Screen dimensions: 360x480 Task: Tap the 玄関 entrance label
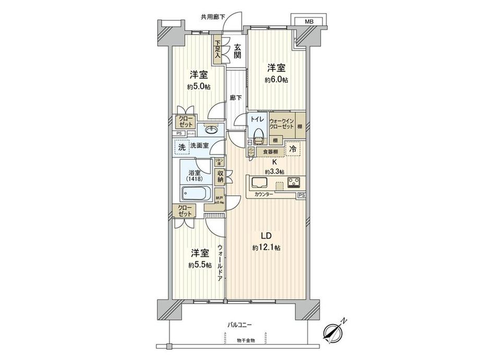[x=237, y=51]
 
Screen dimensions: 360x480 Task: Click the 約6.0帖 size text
[x=276, y=80]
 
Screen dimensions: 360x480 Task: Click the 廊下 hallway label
[x=236, y=98]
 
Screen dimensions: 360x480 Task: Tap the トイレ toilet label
[x=256, y=119]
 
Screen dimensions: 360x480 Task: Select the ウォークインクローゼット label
[x=281, y=123]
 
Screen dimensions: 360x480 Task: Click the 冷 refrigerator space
[x=293, y=149]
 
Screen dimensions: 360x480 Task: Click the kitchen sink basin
[x=259, y=183]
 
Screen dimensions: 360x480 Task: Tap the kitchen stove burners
[x=293, y=183]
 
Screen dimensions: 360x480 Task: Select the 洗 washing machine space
[x=181, y=148]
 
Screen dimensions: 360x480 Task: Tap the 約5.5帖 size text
[x=200, y=265]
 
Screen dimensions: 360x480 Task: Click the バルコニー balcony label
[x=239, y=325]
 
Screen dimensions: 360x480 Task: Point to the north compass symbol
[x=334, y=331]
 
